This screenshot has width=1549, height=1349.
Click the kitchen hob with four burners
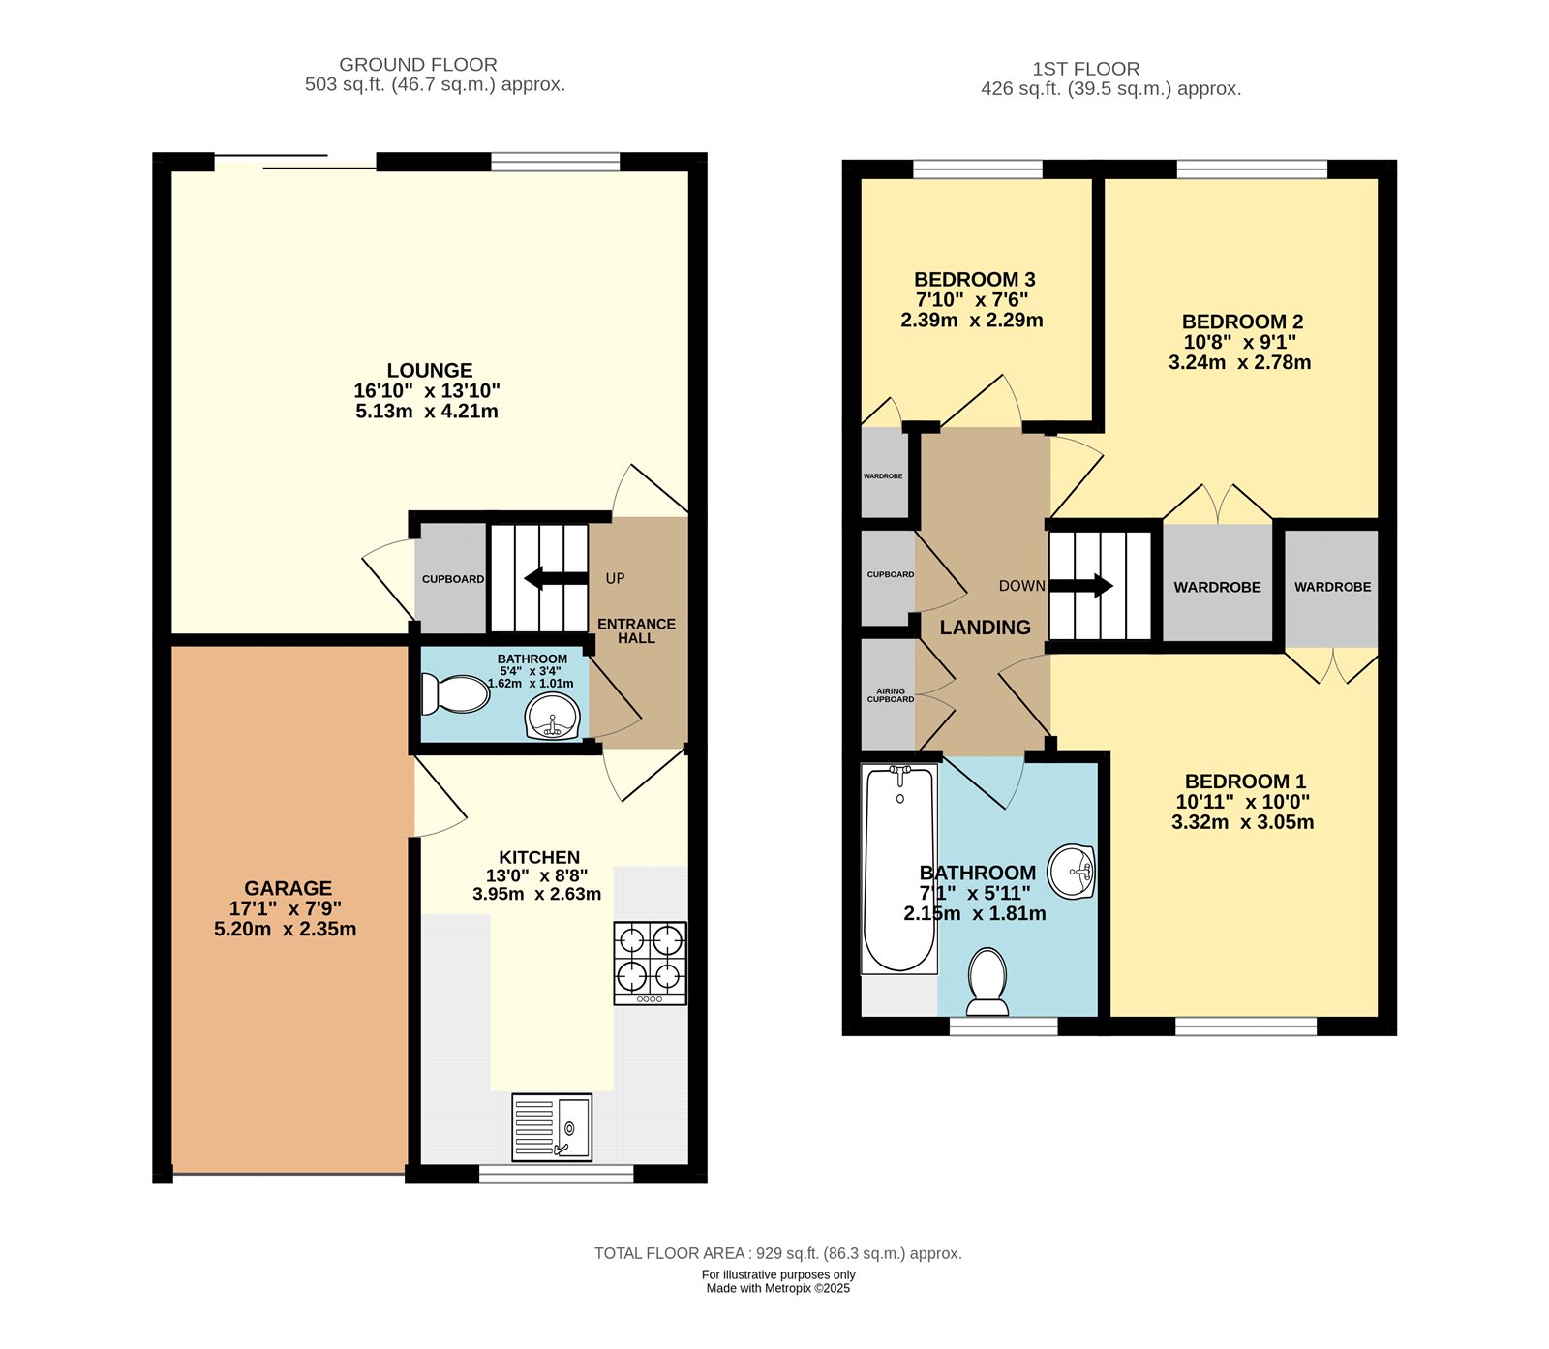(x=650, y=963)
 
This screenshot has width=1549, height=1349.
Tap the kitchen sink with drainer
(x=552, y=1126)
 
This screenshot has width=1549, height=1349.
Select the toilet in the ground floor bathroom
(x=455, y=693)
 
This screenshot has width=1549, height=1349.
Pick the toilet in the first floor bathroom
(x=987, y=982)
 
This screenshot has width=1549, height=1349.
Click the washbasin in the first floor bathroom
(x=1072, y=872)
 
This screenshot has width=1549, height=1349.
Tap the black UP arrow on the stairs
(x=556, y=578)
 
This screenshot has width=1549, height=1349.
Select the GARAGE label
(x=288, y=888)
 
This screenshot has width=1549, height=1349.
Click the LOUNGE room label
(x=430, y=370)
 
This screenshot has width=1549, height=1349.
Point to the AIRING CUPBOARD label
(x=891, y=695)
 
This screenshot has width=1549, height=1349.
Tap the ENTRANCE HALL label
(x=636, y=630)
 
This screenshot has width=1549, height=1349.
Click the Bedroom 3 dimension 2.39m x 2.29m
(x=972, y=321)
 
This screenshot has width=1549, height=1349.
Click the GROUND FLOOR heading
(x=418, y=65)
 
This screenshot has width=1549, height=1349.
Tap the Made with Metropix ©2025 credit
(x=778, y=1288)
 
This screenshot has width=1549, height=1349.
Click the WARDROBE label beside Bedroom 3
(x=883, y=476)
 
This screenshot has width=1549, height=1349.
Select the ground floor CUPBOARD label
(x=453, y=579)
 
